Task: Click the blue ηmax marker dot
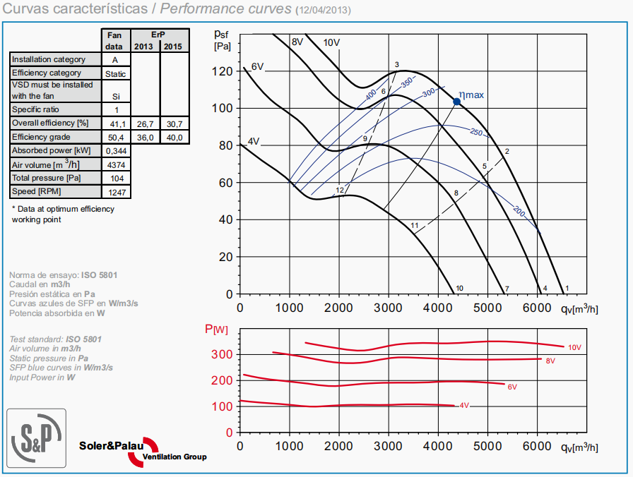tap(456, 102)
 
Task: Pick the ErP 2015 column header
tap(174, 47)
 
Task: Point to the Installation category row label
tap(49, 60)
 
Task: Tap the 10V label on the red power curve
tap(574, 347)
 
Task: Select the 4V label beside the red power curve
tap(464, 406)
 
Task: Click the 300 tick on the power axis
tap(223, 354)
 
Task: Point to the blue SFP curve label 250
tap(475, 133)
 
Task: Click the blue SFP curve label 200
tap(520, 211)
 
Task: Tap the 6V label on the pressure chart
tap(257, 66)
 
